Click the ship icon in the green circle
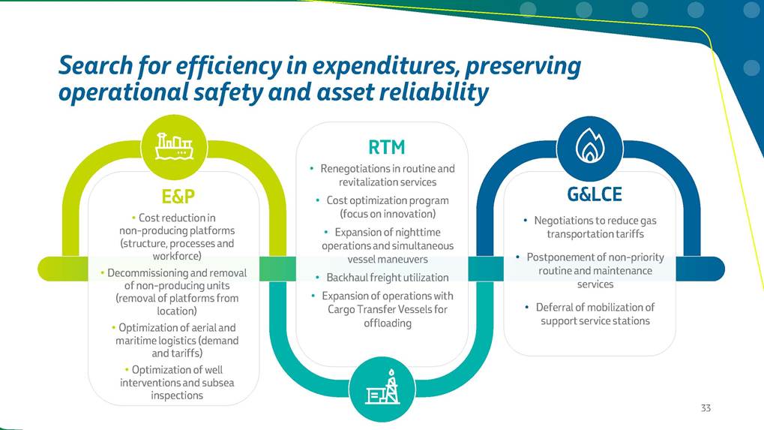173,146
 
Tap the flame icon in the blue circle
589,146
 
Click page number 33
706,407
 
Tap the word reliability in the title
439,92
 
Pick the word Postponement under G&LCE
561,257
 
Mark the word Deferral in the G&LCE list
555,307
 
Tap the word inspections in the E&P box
176,395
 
